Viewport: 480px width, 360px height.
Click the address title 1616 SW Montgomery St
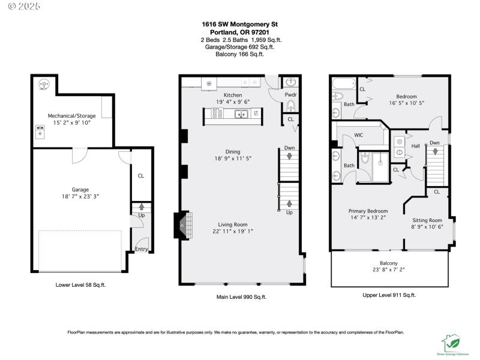point(239,24)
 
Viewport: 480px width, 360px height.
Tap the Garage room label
point(80,189)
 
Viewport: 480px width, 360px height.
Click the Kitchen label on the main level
point(233,95)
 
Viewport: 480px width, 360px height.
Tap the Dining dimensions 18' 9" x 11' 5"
point(233,159)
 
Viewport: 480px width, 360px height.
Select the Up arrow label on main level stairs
point(289,212)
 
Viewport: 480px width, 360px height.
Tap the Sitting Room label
point(427,220)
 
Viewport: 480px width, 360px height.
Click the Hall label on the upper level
point(415,146)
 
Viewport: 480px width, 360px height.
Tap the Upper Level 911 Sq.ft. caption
point(389,295)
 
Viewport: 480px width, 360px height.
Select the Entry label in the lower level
point(141,249)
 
